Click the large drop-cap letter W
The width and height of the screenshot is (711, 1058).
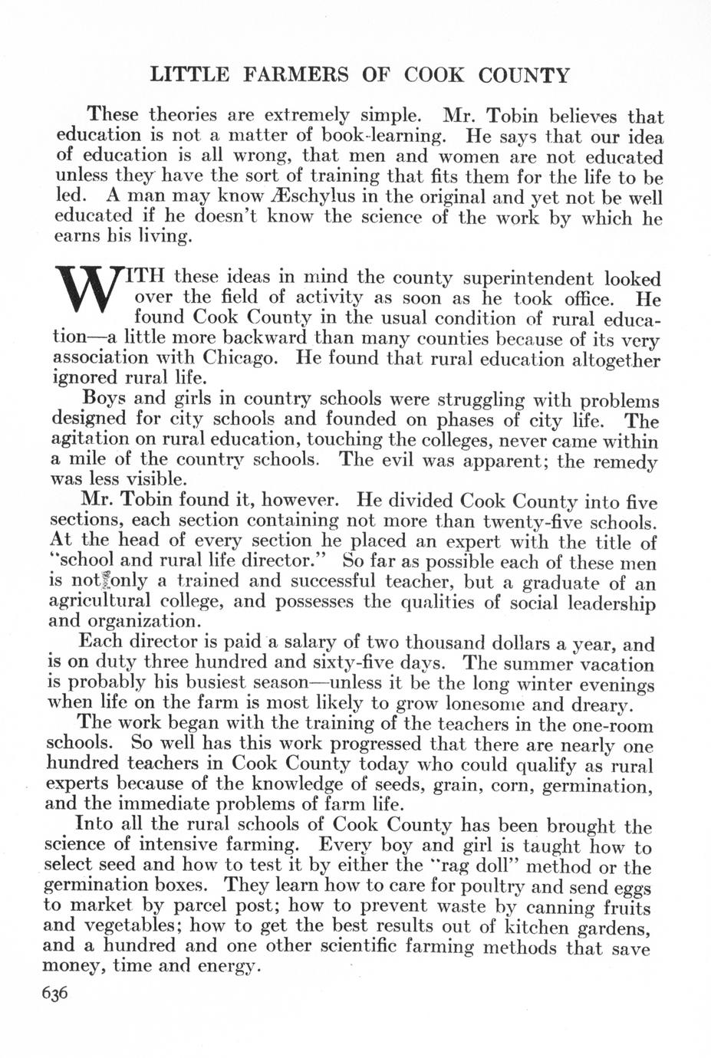(91, 295)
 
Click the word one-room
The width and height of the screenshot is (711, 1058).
(612, 724)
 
